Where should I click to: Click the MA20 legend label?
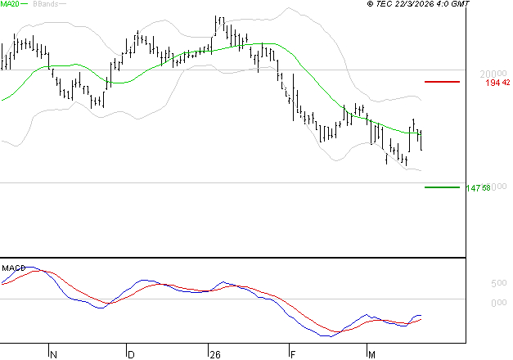(11, 5)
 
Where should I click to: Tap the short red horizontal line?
(442, 82)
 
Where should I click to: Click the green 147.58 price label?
(478, 188)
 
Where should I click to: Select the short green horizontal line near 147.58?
(442, 187)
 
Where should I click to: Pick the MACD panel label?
(13, 267)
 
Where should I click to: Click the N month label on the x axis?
(54, 354)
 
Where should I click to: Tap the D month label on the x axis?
(131, 354)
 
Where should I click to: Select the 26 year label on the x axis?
(215, 354)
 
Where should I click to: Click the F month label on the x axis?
(292, 354)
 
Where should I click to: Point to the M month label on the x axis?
(371, 354)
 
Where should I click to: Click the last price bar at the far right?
(421, 139)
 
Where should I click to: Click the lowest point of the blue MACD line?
(326, 335)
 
